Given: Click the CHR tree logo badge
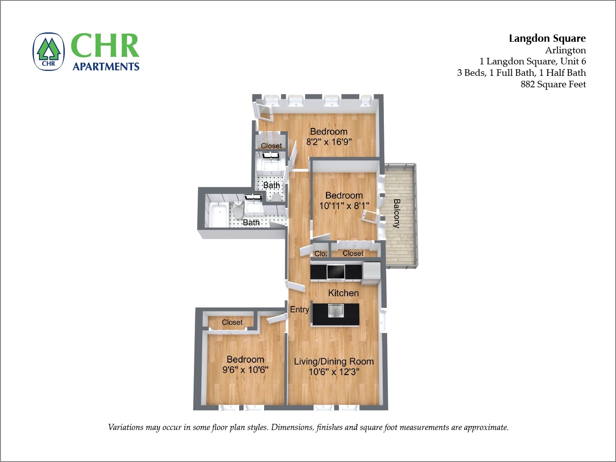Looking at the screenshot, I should (x=48, y=52).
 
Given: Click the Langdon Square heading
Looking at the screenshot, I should (x=547, y=39).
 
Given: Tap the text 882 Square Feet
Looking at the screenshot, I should (x=553, y=84).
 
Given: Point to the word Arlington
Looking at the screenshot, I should (x=565, y=50).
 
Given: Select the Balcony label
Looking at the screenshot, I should (x=397, y=213).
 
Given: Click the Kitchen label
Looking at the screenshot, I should (x=343, y=293).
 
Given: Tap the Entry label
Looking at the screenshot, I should (x=299, y=310).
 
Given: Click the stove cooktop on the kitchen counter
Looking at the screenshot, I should (x=335, y=271).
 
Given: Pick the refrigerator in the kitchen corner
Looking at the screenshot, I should (x=372, y=271).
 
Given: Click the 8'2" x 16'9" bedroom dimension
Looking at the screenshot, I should (x=329, y=142).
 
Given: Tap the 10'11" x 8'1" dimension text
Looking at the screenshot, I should (x=344, y=206).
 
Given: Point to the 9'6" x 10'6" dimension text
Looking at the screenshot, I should (x=245, y=370).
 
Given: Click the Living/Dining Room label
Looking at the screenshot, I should (x=333, y=362).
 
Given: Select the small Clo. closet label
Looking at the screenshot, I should (x=321, y=254).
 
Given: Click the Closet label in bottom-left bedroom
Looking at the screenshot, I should (x=232, y=323).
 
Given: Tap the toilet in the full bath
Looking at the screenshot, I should (x=238, y=210).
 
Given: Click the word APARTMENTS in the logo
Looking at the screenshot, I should (x=106, y=67).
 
